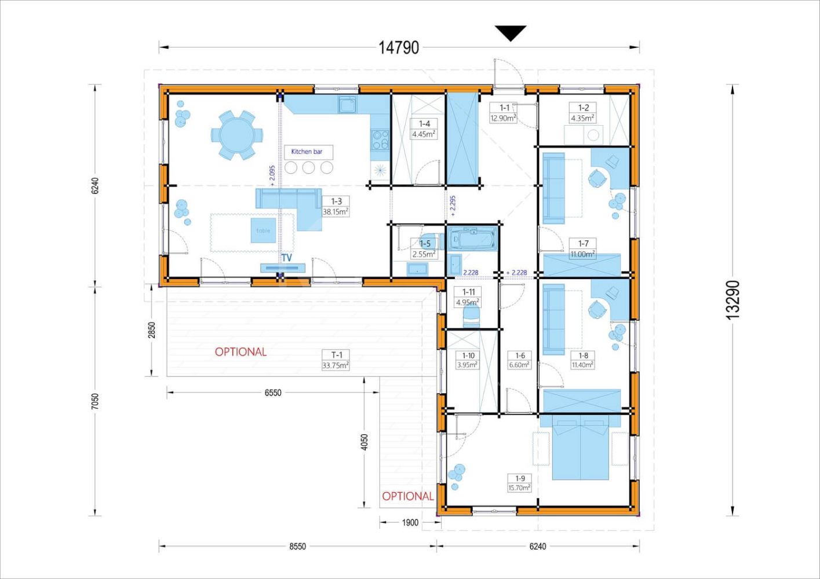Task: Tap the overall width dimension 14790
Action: coord(399,47)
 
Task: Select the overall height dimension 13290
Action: coord(732,300)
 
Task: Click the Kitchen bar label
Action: coord(307,152)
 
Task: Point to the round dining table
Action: coord(236,135)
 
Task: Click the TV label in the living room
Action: coord(287,258)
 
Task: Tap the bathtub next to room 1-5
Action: coord(472,239)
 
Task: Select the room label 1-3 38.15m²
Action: coord(336,206)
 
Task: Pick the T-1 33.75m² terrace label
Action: coord(336,360)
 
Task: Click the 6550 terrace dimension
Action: coord(273,393)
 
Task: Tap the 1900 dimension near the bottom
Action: coord(410,523)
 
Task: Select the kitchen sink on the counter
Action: coord(347,105)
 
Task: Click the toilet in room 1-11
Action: coord(471,317)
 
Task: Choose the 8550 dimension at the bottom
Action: coord(297,547)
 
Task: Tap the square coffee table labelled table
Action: coord(263,230)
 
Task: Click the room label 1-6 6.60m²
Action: coord(520,360)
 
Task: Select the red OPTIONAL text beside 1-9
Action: coord(408,496)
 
